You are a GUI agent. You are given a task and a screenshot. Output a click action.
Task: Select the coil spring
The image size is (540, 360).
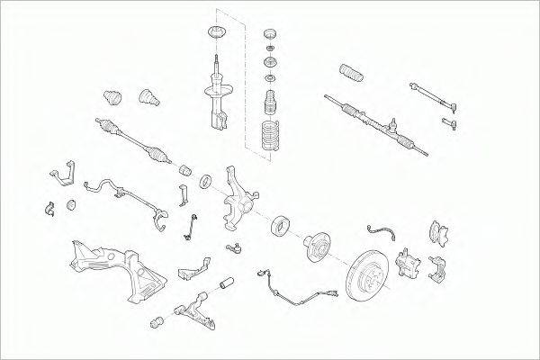(267, 137)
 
